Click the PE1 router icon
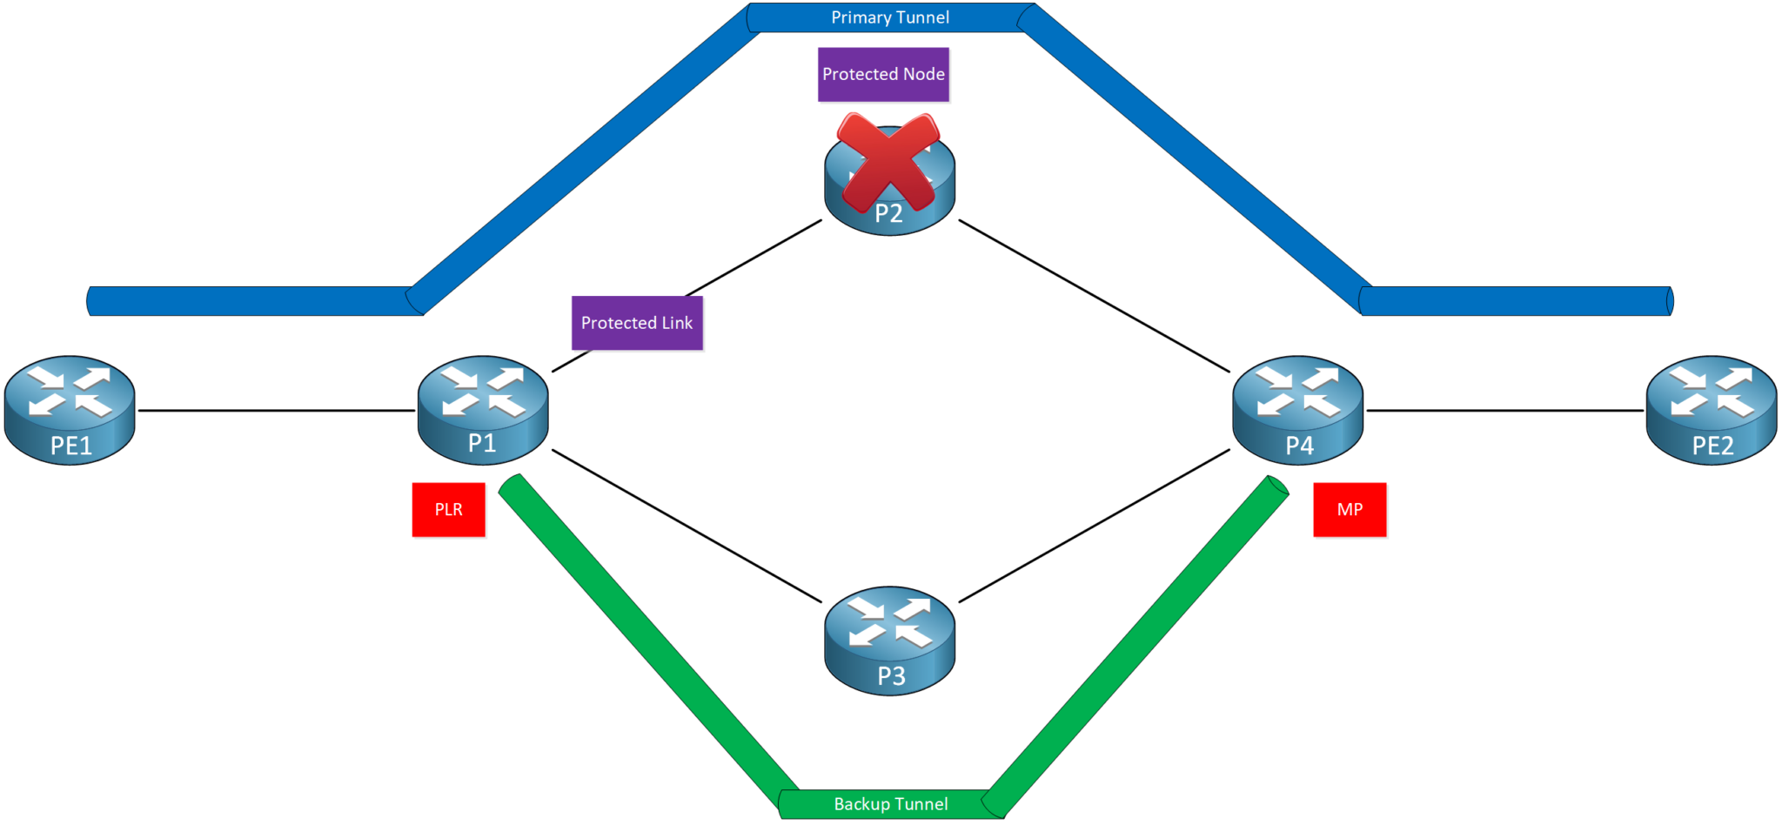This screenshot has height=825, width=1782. tap(70, 409)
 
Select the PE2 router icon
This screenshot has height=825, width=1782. tap(1711, 409)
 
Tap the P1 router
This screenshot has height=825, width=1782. tap(483, 409)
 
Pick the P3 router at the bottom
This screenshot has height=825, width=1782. tap(889, 640)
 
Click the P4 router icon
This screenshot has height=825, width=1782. tap(1297, 409)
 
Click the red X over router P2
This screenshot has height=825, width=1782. tap(888, 163)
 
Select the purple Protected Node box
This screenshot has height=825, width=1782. tap(883, 75)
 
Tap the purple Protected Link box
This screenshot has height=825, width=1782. tap(637, 323)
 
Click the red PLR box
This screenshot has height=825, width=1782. tap(448, 510)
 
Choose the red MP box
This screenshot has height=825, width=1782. tap(1350, 510)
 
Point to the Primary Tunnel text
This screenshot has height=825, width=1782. tap(889, 17)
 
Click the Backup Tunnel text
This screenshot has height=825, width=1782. tap(890, 804)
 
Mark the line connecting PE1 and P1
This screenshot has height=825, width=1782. tap(277, 410)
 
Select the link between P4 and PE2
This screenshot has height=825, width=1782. tap(1504, 410)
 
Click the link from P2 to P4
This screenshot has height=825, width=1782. tap(1094, 296)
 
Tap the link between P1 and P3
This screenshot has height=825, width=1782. tap(687, 526)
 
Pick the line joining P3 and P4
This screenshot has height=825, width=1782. tap(1094, 526)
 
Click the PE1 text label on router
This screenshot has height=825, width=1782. tap(70, 446)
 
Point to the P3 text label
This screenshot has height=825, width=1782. tap(891, 676)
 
